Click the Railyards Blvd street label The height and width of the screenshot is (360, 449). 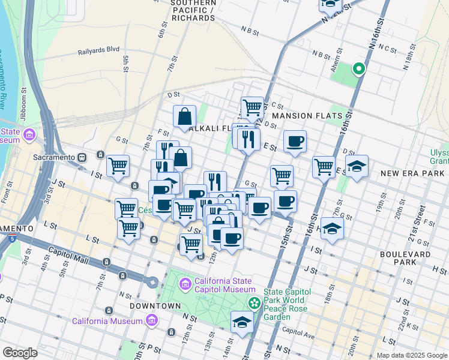98,52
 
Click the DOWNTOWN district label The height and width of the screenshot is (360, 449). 155,306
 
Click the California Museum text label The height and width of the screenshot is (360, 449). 107,321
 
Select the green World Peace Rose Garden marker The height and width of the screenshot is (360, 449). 255,302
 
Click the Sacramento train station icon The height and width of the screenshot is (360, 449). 83,157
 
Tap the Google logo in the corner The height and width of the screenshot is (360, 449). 20,353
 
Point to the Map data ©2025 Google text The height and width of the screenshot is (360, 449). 412,355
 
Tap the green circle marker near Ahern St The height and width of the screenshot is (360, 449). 359,69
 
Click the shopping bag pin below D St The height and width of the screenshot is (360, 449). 185,116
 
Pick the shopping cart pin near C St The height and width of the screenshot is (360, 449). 252,107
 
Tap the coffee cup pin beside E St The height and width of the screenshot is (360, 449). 295,142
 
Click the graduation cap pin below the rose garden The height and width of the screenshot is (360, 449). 243,322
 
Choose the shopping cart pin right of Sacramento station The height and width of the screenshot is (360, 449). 118,165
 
